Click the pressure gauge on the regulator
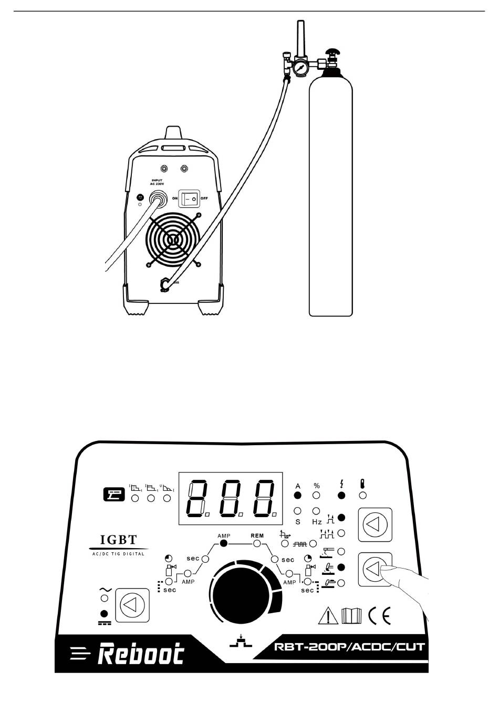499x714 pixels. [x=301, y=68]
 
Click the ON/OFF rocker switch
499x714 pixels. [x=189, y=199]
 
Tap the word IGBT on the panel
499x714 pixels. [x=119, y=540]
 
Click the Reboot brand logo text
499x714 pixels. [x=141, y=654]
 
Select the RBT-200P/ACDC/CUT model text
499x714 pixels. [x=349, y=646]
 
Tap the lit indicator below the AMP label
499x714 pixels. [x=223, y=544]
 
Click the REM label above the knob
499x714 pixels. [x=257, y=536]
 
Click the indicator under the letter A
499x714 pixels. [x=298, y=495]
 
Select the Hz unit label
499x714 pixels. [x=317, y=522]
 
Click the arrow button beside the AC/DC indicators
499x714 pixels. [x=129, y=605]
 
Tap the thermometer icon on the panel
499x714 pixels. [x=363, y=485]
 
